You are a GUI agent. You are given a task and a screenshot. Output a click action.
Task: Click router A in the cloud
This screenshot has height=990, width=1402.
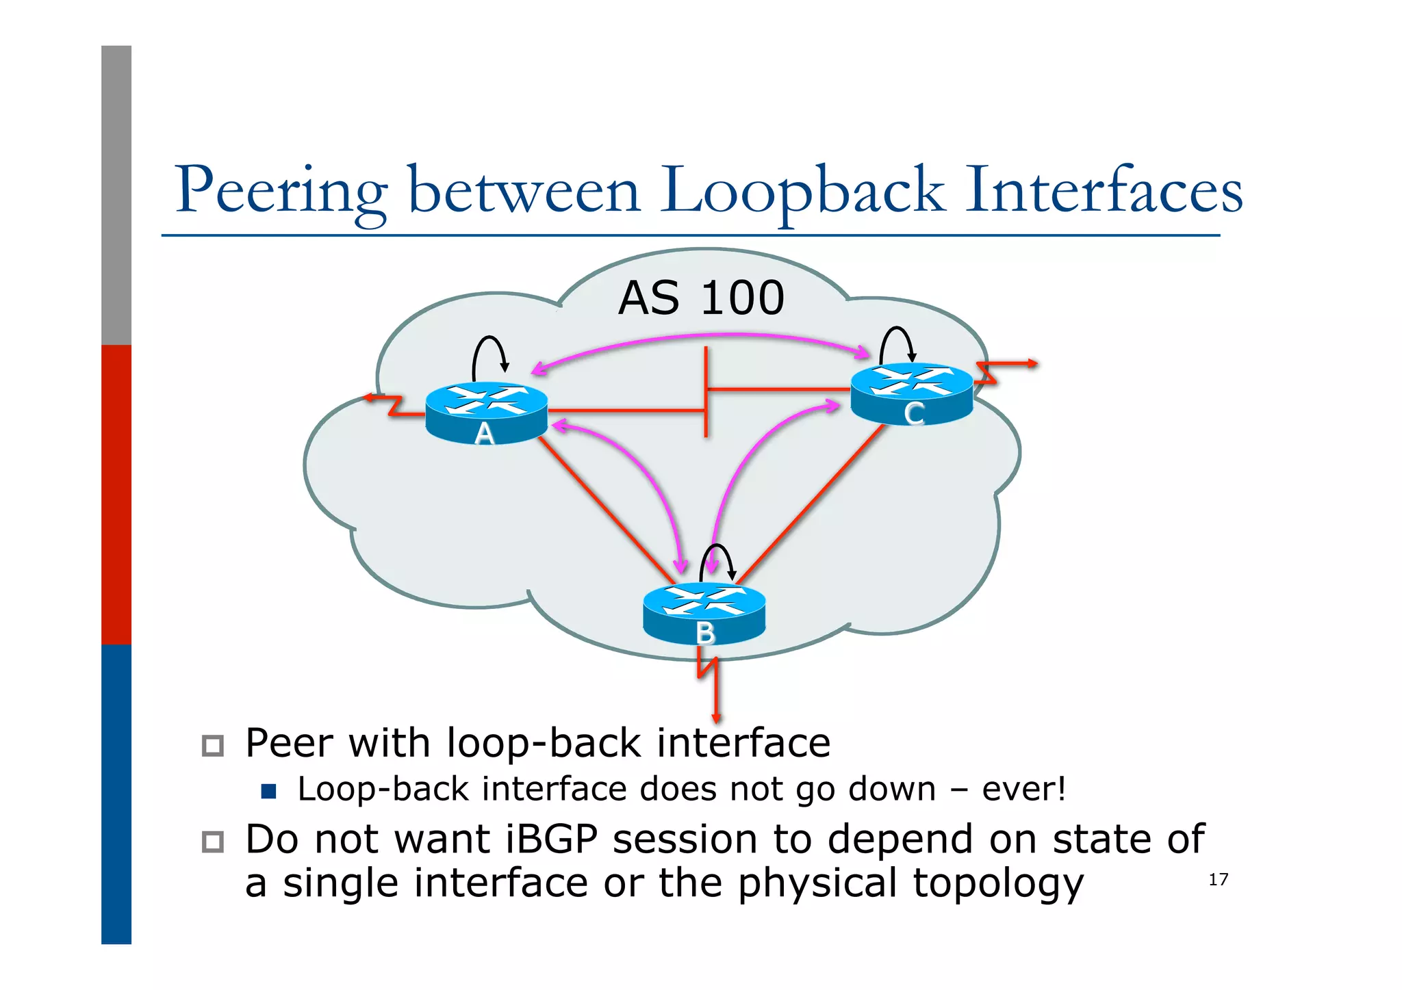tap(486, 413)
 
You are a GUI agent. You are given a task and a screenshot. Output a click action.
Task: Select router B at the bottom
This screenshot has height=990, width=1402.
tap(704, 614)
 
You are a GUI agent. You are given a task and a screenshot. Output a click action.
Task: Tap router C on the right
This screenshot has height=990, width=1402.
tap(911, 393)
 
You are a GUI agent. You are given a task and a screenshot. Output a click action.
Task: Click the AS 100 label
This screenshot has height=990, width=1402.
tap(701, 298)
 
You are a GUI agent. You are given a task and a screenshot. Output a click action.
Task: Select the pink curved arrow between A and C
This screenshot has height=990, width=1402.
tap(705, 336)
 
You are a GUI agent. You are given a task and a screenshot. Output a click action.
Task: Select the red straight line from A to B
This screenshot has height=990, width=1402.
tap(606, 510)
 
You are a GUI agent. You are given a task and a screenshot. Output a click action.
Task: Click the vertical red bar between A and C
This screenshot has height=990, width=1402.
tap(706, 390)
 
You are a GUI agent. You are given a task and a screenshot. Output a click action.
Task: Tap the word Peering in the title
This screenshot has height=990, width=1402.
tap(281, 191)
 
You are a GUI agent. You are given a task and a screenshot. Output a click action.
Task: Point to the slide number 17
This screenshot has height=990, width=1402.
tap(1218, 879)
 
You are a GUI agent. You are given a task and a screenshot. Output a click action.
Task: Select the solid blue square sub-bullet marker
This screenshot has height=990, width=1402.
tap(268, 792)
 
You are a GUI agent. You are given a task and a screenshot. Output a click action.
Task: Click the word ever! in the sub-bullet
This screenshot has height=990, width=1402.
tap(1023, 789)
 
